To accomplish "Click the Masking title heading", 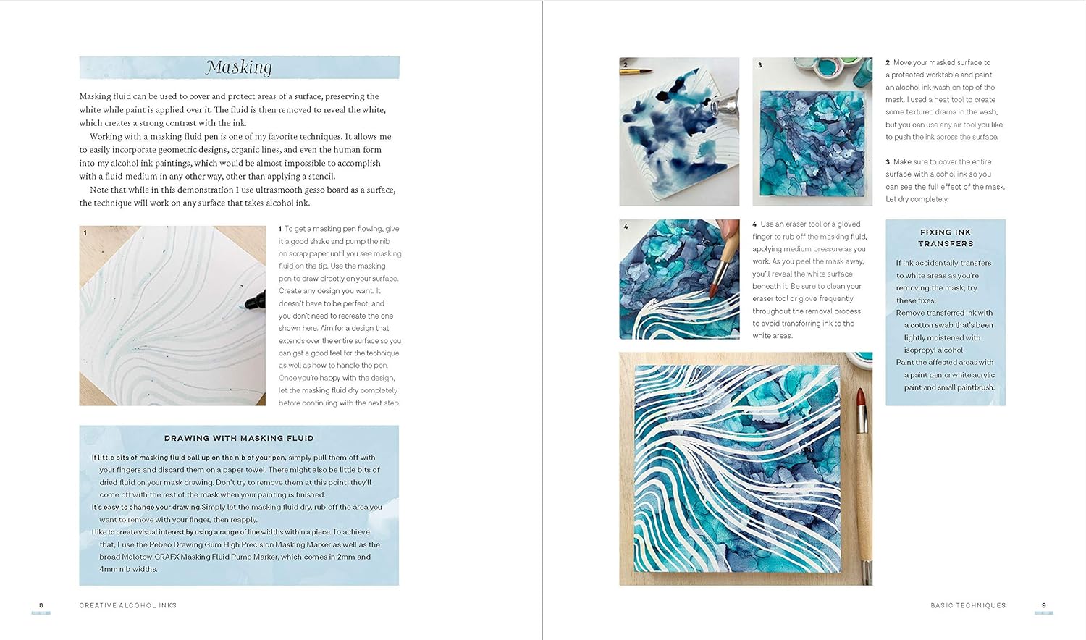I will click(x=239, y=67).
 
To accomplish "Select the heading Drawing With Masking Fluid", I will click(x=239, y=438).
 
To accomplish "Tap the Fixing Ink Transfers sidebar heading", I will click(x=946, y=238).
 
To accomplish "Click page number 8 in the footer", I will click(x=41, y=605).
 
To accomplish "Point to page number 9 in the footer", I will click(x=1043, y=605).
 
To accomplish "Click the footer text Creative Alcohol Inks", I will click(x=128, y=605).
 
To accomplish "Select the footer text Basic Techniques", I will click(x=968, y=605).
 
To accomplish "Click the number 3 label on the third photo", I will click(x=759, y=65).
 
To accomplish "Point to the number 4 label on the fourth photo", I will click(x=626, y=227).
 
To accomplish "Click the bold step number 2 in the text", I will click(x=888, y=63).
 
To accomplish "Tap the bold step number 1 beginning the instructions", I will click(x=280, y=229).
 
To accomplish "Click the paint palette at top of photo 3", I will click(x=825, y=70).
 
